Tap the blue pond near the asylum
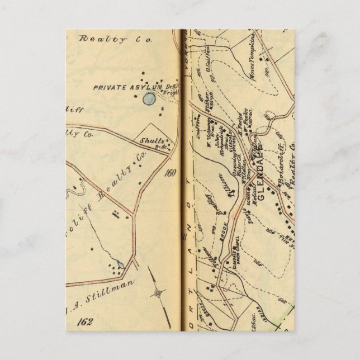[x=149, y=100]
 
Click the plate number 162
[x=86, y=322]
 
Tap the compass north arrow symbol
[x=159, y=291]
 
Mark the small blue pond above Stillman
[x=121, y=263]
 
